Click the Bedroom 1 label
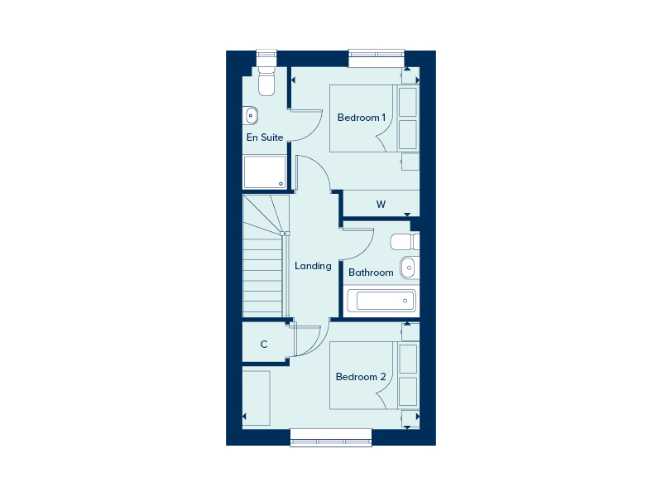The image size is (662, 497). click(362, 118)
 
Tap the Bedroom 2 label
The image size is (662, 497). click(361, 377)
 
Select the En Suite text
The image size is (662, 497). click(265, 138)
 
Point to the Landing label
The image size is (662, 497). click(313, 266)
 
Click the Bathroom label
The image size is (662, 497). click(371, 273)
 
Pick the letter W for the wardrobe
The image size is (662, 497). click(381, 204)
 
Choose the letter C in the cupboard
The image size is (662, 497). click(264, 345)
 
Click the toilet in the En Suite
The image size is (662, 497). click(266, 83)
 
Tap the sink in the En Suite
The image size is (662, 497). click(252, 115)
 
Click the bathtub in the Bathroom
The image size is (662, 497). click(381, 301)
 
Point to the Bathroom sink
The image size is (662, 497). click(408, 268)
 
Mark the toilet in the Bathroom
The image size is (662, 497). click(403, 242)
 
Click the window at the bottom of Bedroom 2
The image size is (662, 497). click(331, 437)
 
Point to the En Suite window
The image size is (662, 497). click(266, 58)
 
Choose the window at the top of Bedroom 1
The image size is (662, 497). click(377, 58)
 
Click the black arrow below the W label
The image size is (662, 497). click(407, 215)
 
